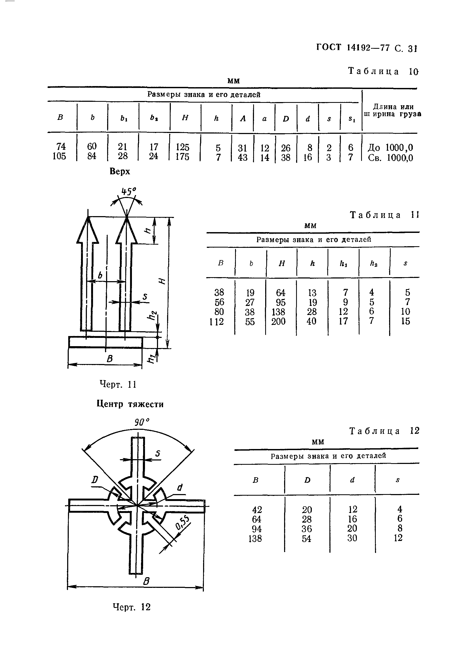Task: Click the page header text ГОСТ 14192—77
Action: [x=353, y=48]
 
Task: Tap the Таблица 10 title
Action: [x=383, y=71]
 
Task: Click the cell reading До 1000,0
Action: [x=390, y=148]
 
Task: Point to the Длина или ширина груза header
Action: [x=393, y=111]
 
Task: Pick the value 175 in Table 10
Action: [x=183, y=157]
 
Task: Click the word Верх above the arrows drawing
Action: [x=120, y=171]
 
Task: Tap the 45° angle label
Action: [x=128, y=191]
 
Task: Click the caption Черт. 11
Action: [x=118, y=384]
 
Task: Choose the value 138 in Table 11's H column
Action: [x=279, y=312]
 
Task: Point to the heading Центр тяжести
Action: [x=130, y=404]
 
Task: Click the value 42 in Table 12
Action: [x=257, y=510]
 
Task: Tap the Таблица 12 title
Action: [x=384, y=431]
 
